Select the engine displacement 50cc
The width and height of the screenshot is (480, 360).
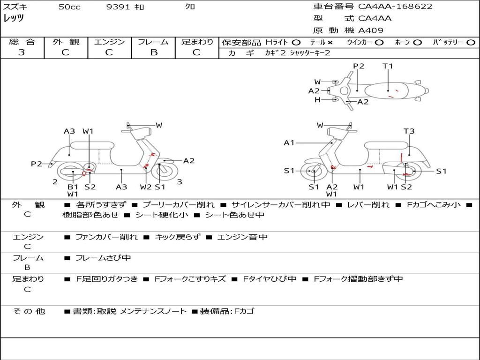69,7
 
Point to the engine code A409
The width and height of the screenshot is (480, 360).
371,30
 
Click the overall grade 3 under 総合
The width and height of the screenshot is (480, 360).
22,52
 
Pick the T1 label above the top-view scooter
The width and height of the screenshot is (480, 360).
388,66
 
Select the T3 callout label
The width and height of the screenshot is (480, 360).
409,131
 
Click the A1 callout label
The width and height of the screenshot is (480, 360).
289,143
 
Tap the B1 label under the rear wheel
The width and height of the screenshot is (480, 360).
73,187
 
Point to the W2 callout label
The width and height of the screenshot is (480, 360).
146,187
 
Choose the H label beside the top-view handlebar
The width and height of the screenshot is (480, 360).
317,100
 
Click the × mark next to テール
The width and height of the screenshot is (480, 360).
330,42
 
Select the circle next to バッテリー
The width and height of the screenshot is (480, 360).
471,42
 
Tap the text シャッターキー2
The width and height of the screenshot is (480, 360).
310,53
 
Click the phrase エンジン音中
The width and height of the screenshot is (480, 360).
242,237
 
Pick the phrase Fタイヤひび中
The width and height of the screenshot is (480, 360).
270,279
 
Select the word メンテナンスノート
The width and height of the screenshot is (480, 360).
153,311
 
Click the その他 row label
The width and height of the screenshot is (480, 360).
29,311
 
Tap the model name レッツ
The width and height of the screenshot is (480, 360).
14,18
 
